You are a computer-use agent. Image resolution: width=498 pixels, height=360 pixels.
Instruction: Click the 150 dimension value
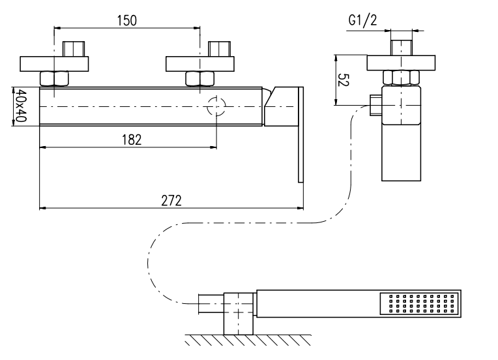[x=126, y=20]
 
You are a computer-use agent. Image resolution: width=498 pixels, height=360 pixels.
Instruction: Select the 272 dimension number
[x=171, y=200]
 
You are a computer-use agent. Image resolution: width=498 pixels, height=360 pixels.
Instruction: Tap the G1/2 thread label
[x=362, y=21]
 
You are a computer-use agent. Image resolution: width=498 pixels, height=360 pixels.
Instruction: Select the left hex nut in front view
[x=54, y=78]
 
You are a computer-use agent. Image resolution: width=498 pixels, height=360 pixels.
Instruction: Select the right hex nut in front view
[x=200, y=78]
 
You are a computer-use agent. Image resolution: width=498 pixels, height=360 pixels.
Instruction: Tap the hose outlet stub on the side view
[x=375, y=104]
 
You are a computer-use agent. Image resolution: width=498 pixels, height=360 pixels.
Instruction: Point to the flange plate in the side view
[x=401, y=63]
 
